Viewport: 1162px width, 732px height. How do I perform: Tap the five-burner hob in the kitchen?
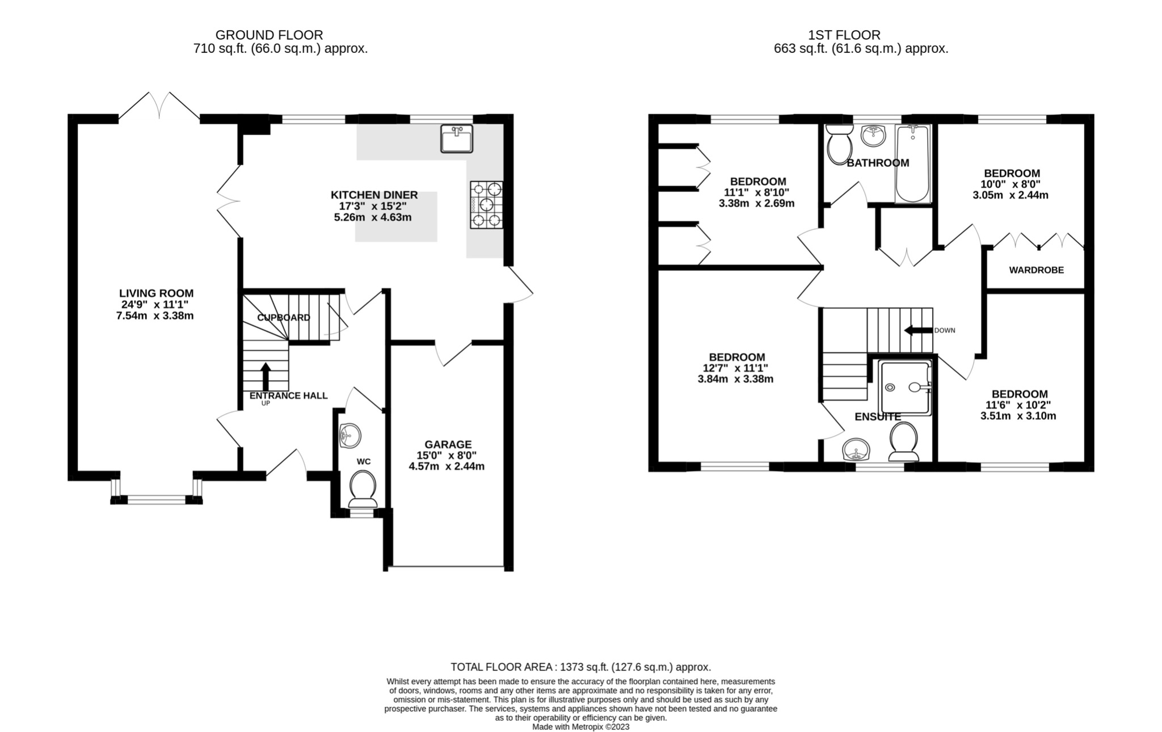(486, 204)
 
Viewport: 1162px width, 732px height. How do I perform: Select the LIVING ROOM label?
(156, 293)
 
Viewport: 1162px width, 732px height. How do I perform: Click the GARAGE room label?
(448, 444)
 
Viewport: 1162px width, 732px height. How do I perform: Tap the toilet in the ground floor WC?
(363, 490)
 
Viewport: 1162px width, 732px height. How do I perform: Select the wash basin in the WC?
(350, 436)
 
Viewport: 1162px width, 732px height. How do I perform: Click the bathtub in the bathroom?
(912, 165)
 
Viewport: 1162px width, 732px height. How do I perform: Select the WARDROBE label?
(1036, 270)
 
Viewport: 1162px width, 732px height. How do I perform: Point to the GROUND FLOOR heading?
(269, 35)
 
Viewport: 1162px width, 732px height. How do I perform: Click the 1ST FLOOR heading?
(844, 35)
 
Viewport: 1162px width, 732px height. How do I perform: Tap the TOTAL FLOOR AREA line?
(580, 667)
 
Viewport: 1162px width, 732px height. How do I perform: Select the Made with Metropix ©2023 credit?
(580, 727)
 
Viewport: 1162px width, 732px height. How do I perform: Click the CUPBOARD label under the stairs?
(284, 318)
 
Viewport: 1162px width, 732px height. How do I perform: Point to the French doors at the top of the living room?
(159, 108)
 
